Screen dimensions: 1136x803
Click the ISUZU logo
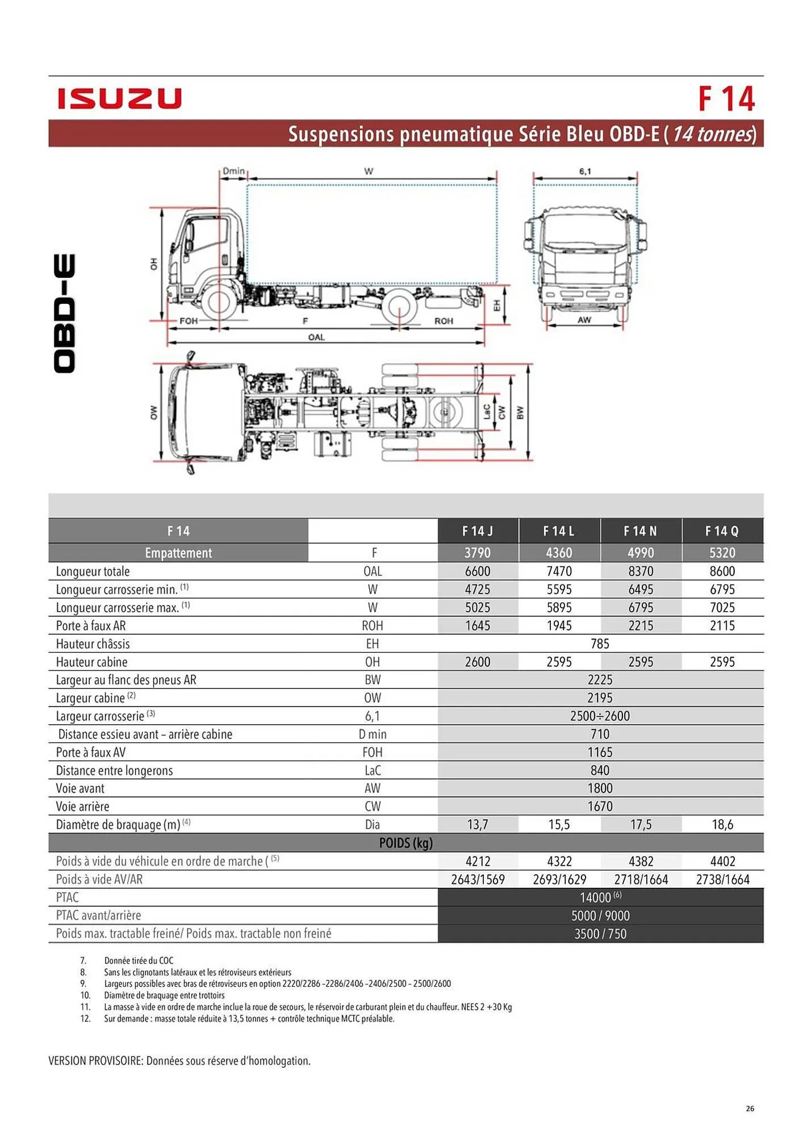119,98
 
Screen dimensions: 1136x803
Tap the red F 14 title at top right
726,99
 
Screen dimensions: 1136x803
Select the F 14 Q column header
722,531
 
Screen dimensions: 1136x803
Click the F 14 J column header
478,531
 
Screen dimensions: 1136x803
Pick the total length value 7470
559,571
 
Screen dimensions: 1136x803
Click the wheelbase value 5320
722,553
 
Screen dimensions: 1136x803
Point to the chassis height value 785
600,644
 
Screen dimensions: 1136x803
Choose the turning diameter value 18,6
722,824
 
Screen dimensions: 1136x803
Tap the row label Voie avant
80,788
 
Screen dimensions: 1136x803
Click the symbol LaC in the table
373,770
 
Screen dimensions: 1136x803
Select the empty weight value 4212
478,861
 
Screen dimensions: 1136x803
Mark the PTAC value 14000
596,897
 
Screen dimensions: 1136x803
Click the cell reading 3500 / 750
600,934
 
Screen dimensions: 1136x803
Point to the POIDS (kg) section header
405,843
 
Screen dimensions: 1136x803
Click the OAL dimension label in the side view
316,337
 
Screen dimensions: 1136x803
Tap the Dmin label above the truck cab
233,170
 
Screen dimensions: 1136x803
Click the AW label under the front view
584,320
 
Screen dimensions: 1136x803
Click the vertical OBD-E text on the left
64,314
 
